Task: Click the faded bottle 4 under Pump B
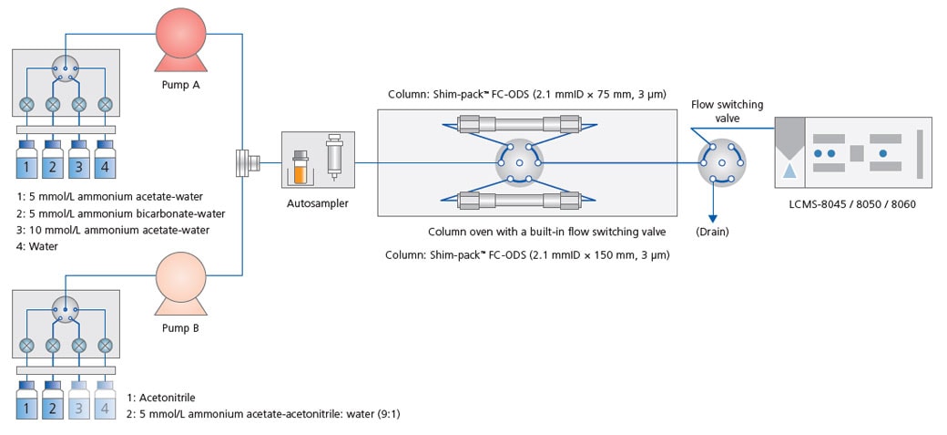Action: pyautogui.click(x=105, y=402)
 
